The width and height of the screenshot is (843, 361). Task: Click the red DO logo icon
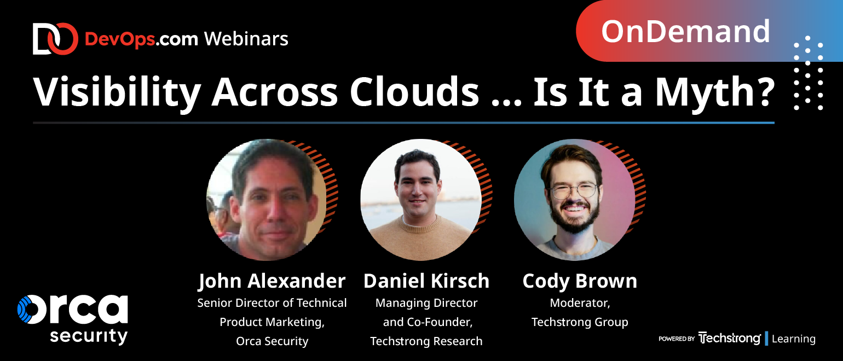(55, 39)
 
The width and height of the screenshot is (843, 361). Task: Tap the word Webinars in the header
(246, 39)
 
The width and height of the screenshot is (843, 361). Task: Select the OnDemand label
(685, 31)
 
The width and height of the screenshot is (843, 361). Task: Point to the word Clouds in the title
(414, 91)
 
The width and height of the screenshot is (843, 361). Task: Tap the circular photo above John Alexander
(267, 200)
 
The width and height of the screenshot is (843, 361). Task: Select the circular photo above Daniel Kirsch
(421, 200)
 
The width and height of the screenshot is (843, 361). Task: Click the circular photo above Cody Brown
(575, 200)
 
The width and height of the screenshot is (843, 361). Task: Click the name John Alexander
(272, 281)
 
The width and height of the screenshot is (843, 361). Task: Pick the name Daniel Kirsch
(426, 281)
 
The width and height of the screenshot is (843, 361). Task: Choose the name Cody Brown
(580, 281)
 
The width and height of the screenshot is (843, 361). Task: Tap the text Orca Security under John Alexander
(272, 341)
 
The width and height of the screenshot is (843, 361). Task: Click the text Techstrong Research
(426, 341)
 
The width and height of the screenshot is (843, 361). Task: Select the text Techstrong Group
(580, 322)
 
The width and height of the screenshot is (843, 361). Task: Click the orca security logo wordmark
(73, 319)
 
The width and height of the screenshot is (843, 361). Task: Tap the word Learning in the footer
(794, 339)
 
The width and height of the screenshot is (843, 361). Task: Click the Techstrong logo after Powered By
(729, 338)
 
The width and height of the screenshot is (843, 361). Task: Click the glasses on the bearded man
(574, 190)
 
